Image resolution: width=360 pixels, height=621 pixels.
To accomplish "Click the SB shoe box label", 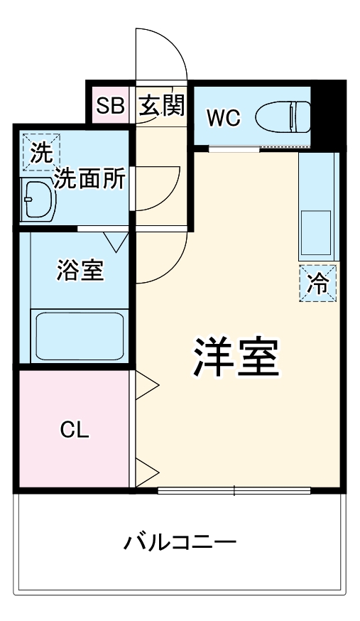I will tap(110, 106).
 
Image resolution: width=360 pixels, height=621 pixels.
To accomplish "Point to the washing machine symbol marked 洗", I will tap(41, 151).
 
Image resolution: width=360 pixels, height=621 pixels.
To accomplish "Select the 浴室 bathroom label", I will tap(80, 269).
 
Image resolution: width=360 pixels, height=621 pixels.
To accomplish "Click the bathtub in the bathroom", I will tap(80, 335).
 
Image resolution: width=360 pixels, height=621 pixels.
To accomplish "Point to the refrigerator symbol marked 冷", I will tap(317, 283).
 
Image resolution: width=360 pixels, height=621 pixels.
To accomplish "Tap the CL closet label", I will tap(74, 429).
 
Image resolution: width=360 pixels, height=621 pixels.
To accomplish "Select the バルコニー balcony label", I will tap(180, 544).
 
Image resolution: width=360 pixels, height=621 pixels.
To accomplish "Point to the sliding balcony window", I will tap(234, 490).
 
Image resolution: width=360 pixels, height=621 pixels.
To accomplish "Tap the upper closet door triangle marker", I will tap(148, 387).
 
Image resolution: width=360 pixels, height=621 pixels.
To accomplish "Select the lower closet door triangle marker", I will tap(148, 470).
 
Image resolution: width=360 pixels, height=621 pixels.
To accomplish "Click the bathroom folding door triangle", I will tap(117, 241).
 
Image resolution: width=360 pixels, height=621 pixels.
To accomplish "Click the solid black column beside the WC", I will tap(328, 114).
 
